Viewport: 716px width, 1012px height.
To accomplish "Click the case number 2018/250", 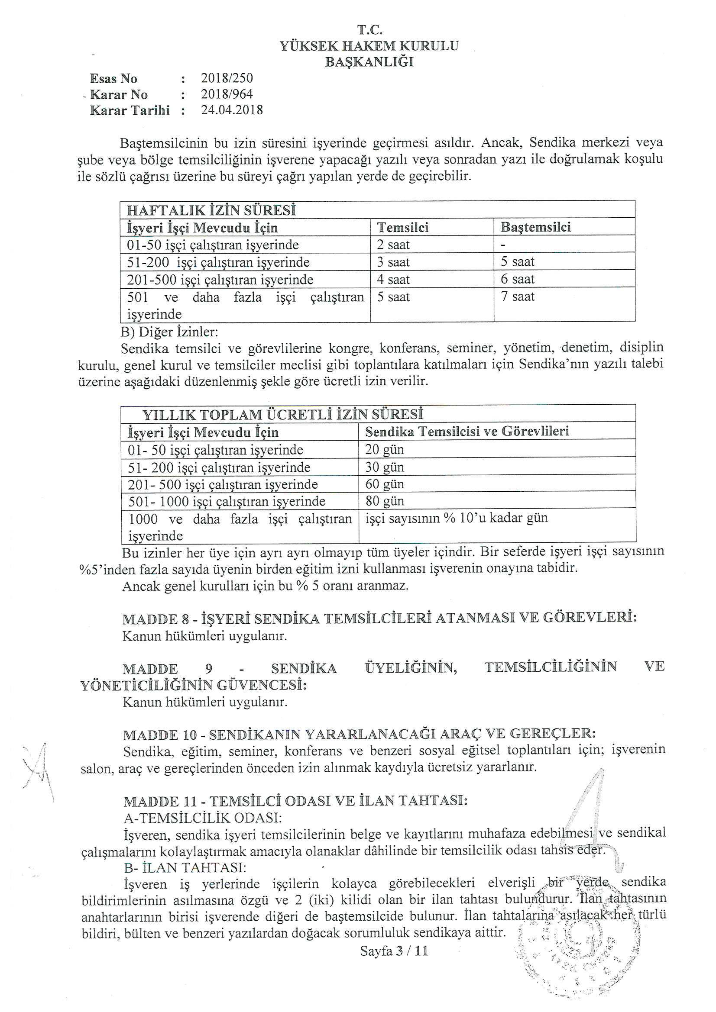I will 227,78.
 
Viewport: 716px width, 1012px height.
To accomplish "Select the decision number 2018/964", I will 227,94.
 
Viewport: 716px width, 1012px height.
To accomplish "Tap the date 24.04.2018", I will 232,110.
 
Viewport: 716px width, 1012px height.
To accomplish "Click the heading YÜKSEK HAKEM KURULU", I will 369,46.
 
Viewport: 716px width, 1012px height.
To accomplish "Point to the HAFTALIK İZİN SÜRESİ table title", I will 211,210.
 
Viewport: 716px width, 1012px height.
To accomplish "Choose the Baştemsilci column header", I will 535,227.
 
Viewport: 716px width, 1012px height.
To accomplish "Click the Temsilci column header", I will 402,227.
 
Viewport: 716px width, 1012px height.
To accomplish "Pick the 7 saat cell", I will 518,297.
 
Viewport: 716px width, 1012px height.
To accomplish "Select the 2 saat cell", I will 393,245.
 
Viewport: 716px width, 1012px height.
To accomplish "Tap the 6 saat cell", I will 518,280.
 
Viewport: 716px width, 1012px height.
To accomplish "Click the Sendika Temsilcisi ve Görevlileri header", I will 467,432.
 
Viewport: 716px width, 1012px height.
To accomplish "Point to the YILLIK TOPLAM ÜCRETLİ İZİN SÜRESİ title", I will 283,415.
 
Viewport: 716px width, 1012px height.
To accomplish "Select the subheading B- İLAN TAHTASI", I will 185,867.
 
